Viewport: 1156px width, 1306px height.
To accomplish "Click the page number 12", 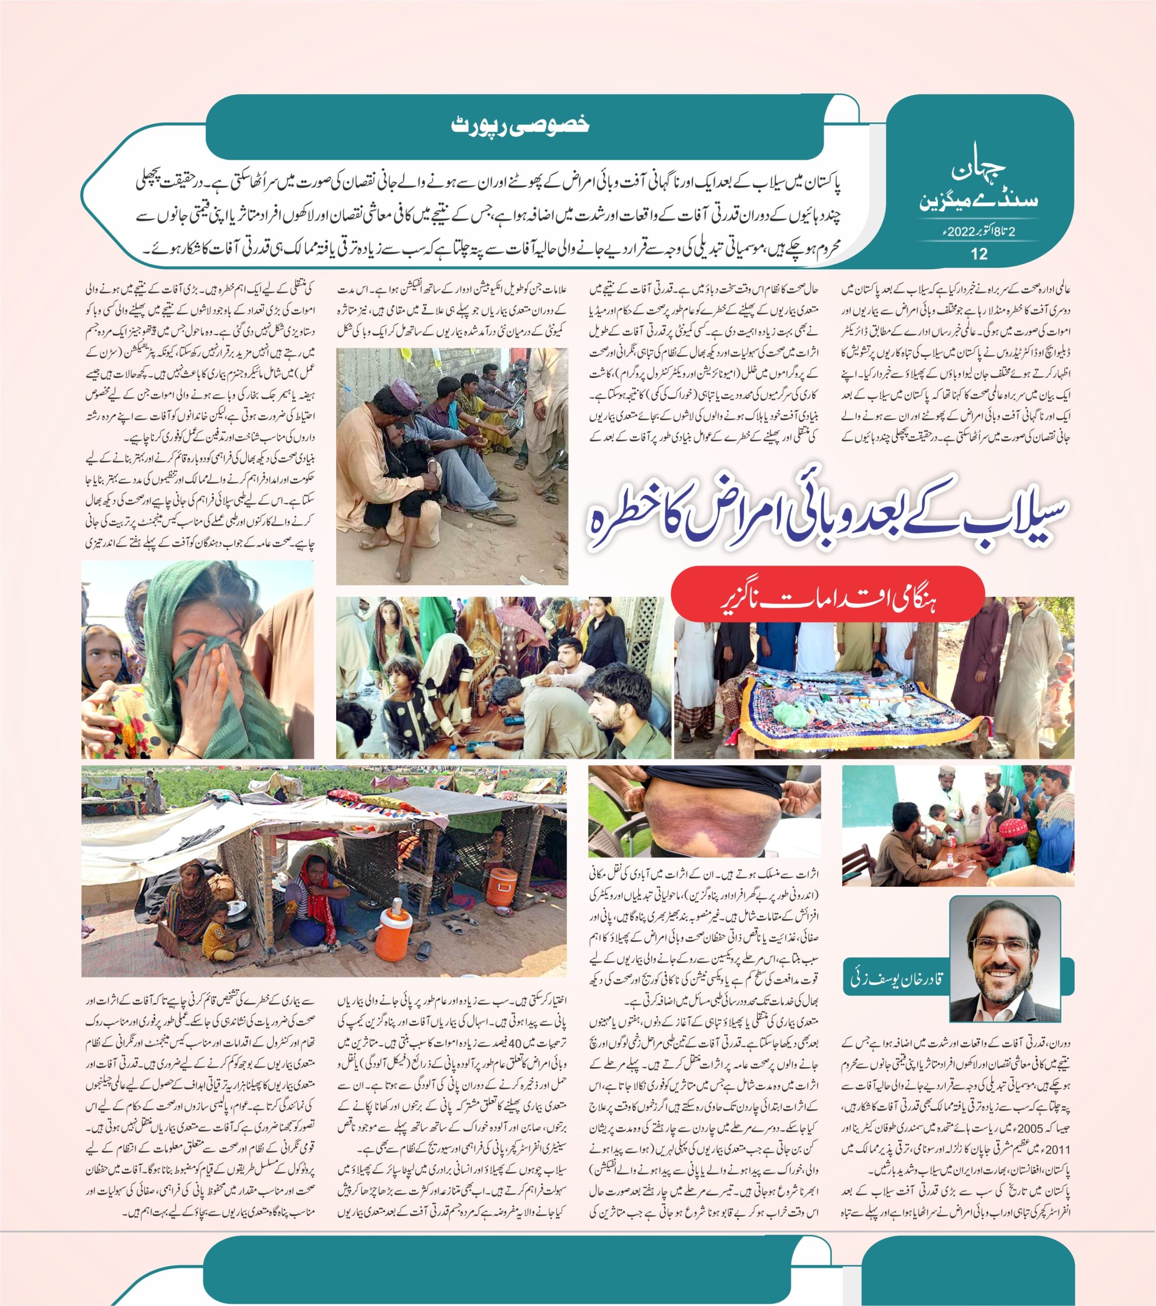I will point(979,254).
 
